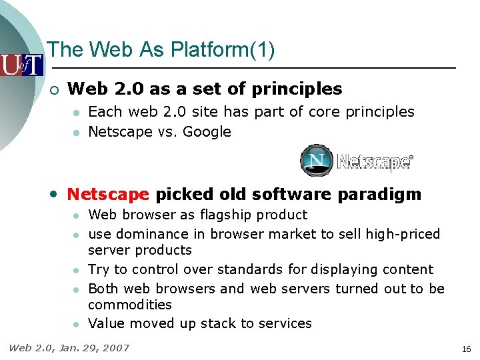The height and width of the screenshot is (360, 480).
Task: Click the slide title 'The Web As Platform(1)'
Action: [161, 49]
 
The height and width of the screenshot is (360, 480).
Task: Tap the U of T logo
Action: [21, 65]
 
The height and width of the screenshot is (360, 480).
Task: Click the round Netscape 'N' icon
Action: [316, 161]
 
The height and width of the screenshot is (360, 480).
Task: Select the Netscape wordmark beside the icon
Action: [375, 162]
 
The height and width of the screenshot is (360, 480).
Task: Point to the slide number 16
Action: [465, 349]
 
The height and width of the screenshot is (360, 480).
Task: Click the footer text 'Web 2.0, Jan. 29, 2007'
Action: [69, 347]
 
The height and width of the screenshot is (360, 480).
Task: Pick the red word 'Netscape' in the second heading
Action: [108, 194]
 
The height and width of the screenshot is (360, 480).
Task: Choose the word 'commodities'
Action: [130, 305]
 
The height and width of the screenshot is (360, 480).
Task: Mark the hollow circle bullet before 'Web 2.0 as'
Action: [53, 89]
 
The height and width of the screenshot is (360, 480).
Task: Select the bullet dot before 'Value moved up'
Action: [77, 324]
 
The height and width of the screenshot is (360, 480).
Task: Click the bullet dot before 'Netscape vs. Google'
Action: [77, 133]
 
